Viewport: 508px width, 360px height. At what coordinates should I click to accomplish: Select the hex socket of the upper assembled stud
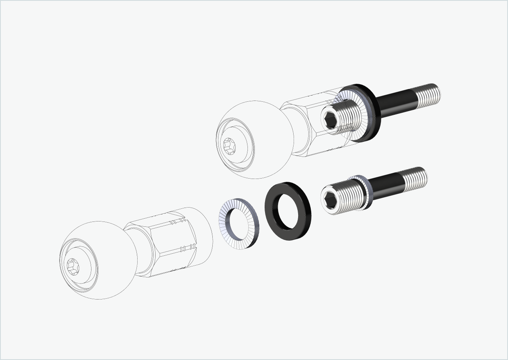330,120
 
